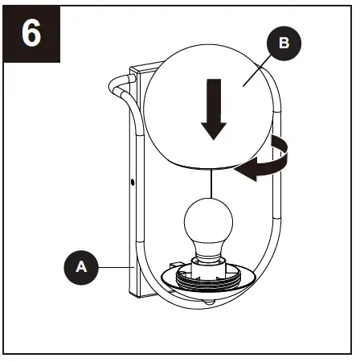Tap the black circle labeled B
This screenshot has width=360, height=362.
283,45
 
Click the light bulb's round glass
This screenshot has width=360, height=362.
209,221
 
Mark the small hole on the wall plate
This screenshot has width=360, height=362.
132,184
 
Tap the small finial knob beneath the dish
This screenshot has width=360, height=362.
211,304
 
